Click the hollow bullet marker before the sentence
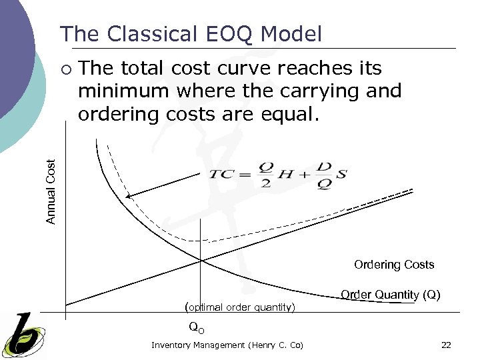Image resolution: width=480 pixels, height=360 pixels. (65, 69)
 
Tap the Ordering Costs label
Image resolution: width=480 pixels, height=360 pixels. (394, 265)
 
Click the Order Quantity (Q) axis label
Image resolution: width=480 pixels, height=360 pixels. (390, 295)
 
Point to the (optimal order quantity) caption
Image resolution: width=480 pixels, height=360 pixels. (239, 307)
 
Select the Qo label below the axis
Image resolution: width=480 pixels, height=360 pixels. (197, 327)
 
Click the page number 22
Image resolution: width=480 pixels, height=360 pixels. (446, 345)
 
